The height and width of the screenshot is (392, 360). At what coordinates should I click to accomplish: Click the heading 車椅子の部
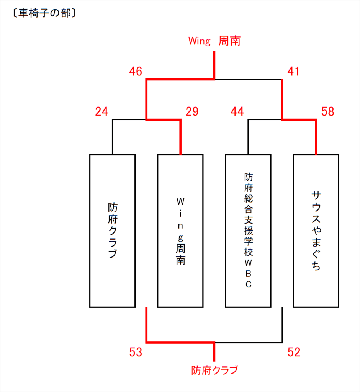[x=44, y=13]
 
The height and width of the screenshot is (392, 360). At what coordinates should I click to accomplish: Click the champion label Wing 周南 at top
[x=214, y=41]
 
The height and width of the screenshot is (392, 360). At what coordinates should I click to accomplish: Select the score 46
[x=136, y=71]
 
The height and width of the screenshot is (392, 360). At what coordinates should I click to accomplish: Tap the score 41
[x=293, y=71]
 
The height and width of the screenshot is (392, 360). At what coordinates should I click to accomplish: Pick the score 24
[x=101, y=111]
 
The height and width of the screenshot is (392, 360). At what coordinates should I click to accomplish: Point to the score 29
[x=192, y=111]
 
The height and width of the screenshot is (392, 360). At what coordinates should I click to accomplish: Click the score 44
[x=237, y=111]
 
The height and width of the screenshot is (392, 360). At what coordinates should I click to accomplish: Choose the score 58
[x=328, y=111]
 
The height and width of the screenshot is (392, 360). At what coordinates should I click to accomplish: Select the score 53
[x=136, y=352]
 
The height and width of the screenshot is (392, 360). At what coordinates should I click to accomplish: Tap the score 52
[x=294, y=352]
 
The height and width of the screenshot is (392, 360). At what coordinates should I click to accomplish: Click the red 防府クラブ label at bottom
[x=214, y=370]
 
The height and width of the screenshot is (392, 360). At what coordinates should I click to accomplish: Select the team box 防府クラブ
[x=113, y=231]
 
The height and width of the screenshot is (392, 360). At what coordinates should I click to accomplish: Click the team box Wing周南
[x=180, y=231]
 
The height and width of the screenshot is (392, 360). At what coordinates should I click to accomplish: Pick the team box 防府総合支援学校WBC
[x=248, y=231]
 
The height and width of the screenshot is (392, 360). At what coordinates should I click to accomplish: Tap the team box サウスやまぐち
[x=316, y=231]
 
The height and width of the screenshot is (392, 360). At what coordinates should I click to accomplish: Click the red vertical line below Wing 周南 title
[x=214, y=65]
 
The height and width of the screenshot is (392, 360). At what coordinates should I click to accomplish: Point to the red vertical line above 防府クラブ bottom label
[x=214, y=352]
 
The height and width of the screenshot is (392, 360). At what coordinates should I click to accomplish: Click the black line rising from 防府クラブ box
[x=113, y=137]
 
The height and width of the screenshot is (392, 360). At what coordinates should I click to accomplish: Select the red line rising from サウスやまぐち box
[x=316, y=137]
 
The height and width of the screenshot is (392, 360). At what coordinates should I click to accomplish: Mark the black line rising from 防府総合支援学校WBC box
[x=248, y=137]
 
